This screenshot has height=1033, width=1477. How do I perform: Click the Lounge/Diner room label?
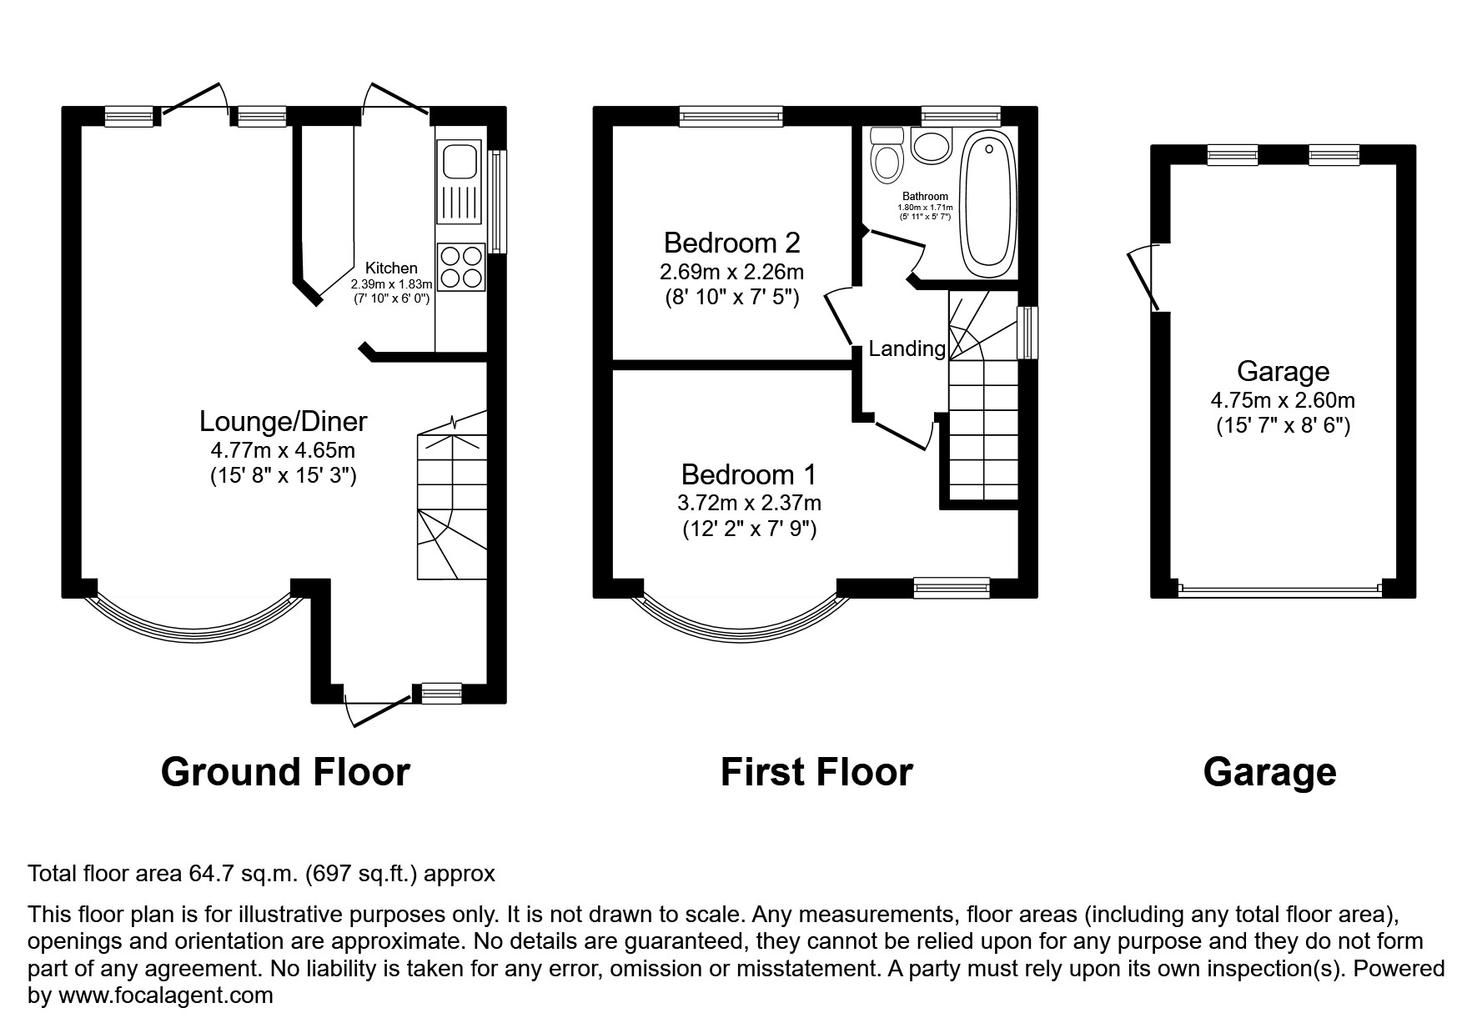283,421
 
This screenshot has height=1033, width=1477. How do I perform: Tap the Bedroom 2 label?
731,243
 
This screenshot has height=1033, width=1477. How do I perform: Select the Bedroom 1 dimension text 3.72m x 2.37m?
749,503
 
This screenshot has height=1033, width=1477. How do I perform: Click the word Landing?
907,349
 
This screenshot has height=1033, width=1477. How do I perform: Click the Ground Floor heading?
285,772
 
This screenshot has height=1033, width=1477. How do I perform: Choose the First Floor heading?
816,772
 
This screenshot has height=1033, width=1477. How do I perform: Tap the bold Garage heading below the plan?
1269,772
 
